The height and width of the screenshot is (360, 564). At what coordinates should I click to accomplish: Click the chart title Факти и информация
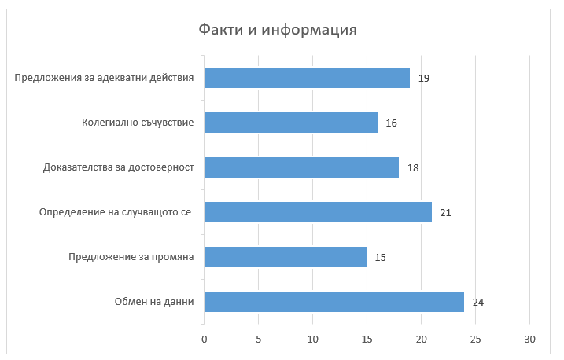tap(278, 31)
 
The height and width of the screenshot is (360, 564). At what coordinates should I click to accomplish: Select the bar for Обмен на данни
tap(334, 302)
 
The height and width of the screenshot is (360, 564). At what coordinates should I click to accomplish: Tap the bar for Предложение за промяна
tap(286, 257)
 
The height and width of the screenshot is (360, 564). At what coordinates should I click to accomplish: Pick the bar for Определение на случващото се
tap(318, 212)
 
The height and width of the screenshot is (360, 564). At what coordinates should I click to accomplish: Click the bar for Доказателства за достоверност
tap(302, 167)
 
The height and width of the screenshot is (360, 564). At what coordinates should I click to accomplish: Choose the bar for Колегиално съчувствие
tap(291, 123)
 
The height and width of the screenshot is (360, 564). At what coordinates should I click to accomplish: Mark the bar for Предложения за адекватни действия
tap(308, 78)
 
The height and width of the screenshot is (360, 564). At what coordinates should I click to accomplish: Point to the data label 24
tap(478, 303)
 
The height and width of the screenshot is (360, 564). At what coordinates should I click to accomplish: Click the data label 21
tap(445, 213)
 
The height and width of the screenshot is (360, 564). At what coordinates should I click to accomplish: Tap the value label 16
tap(391, 123)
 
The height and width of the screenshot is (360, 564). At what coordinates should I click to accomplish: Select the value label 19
tap(424, 79)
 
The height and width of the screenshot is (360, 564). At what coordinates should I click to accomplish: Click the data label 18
tap(413, 168)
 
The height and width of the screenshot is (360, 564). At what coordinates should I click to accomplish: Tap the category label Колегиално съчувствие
tap(138, 123)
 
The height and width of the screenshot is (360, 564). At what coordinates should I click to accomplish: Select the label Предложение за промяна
tap(131, 257)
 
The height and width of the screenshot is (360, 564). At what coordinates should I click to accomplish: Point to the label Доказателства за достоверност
tap(117, 167)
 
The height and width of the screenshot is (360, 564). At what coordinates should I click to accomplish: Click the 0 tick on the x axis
tap(205, 340)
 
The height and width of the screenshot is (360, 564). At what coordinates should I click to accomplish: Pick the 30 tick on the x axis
tap(529, 340)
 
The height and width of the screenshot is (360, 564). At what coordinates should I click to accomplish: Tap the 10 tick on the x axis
tap(313, 340)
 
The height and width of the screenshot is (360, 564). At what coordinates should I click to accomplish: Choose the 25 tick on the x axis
tap(475, 340)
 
